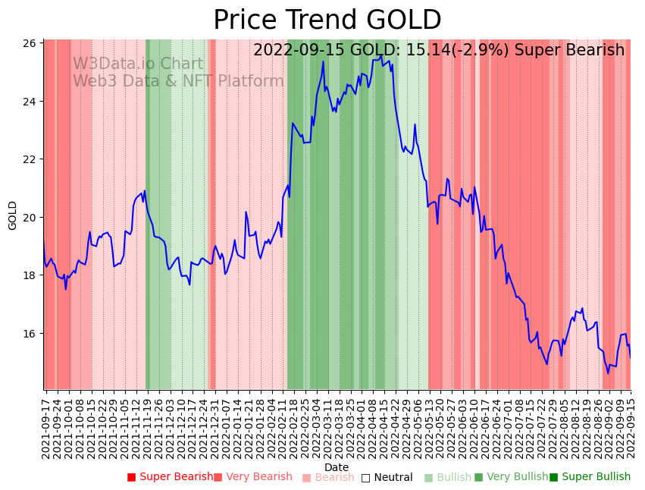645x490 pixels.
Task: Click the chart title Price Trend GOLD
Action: (x=327, y=20)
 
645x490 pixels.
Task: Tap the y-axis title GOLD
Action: (x=13, y=215)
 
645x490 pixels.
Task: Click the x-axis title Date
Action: (x=337, y=467)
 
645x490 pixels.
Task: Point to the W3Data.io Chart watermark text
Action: (x=138, y=64)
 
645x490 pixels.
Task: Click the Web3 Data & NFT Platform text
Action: (x=178, y=81)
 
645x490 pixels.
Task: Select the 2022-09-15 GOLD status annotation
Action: (x=439, y=50)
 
